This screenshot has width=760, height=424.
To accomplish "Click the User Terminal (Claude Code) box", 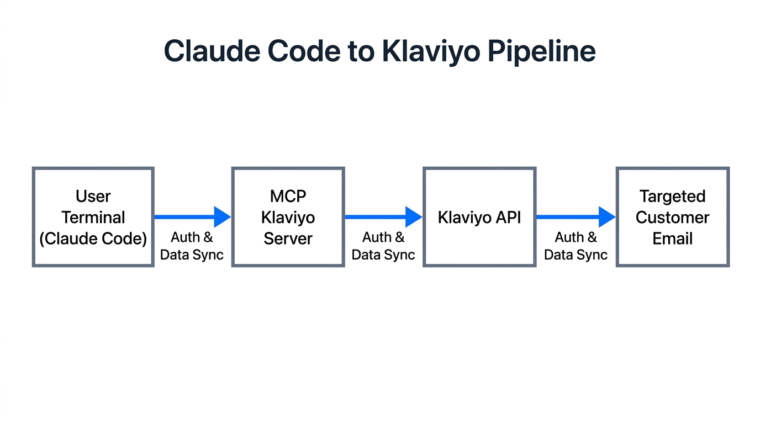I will point(93,217).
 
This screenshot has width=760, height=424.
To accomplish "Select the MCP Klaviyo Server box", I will point(288,217).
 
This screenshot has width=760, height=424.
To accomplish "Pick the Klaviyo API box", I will point(479,217).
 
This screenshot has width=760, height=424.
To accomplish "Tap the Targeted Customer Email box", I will point(672,217).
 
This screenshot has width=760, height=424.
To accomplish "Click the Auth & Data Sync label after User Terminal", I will point(192,246).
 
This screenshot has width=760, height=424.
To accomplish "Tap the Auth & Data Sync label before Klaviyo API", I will point(383,246).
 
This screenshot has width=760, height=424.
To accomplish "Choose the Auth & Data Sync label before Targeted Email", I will point(576,246).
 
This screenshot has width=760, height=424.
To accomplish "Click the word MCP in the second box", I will point(288,196).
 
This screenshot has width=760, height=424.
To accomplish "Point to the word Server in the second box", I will point(288,239).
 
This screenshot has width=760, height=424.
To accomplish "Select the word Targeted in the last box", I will point(672,196).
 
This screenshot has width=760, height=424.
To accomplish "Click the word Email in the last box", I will point(672,239).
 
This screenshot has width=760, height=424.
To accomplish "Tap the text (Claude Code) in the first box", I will point(93,239).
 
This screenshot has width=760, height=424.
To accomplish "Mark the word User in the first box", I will point(93,196).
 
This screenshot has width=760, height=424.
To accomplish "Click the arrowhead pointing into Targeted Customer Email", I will point(607,217).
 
